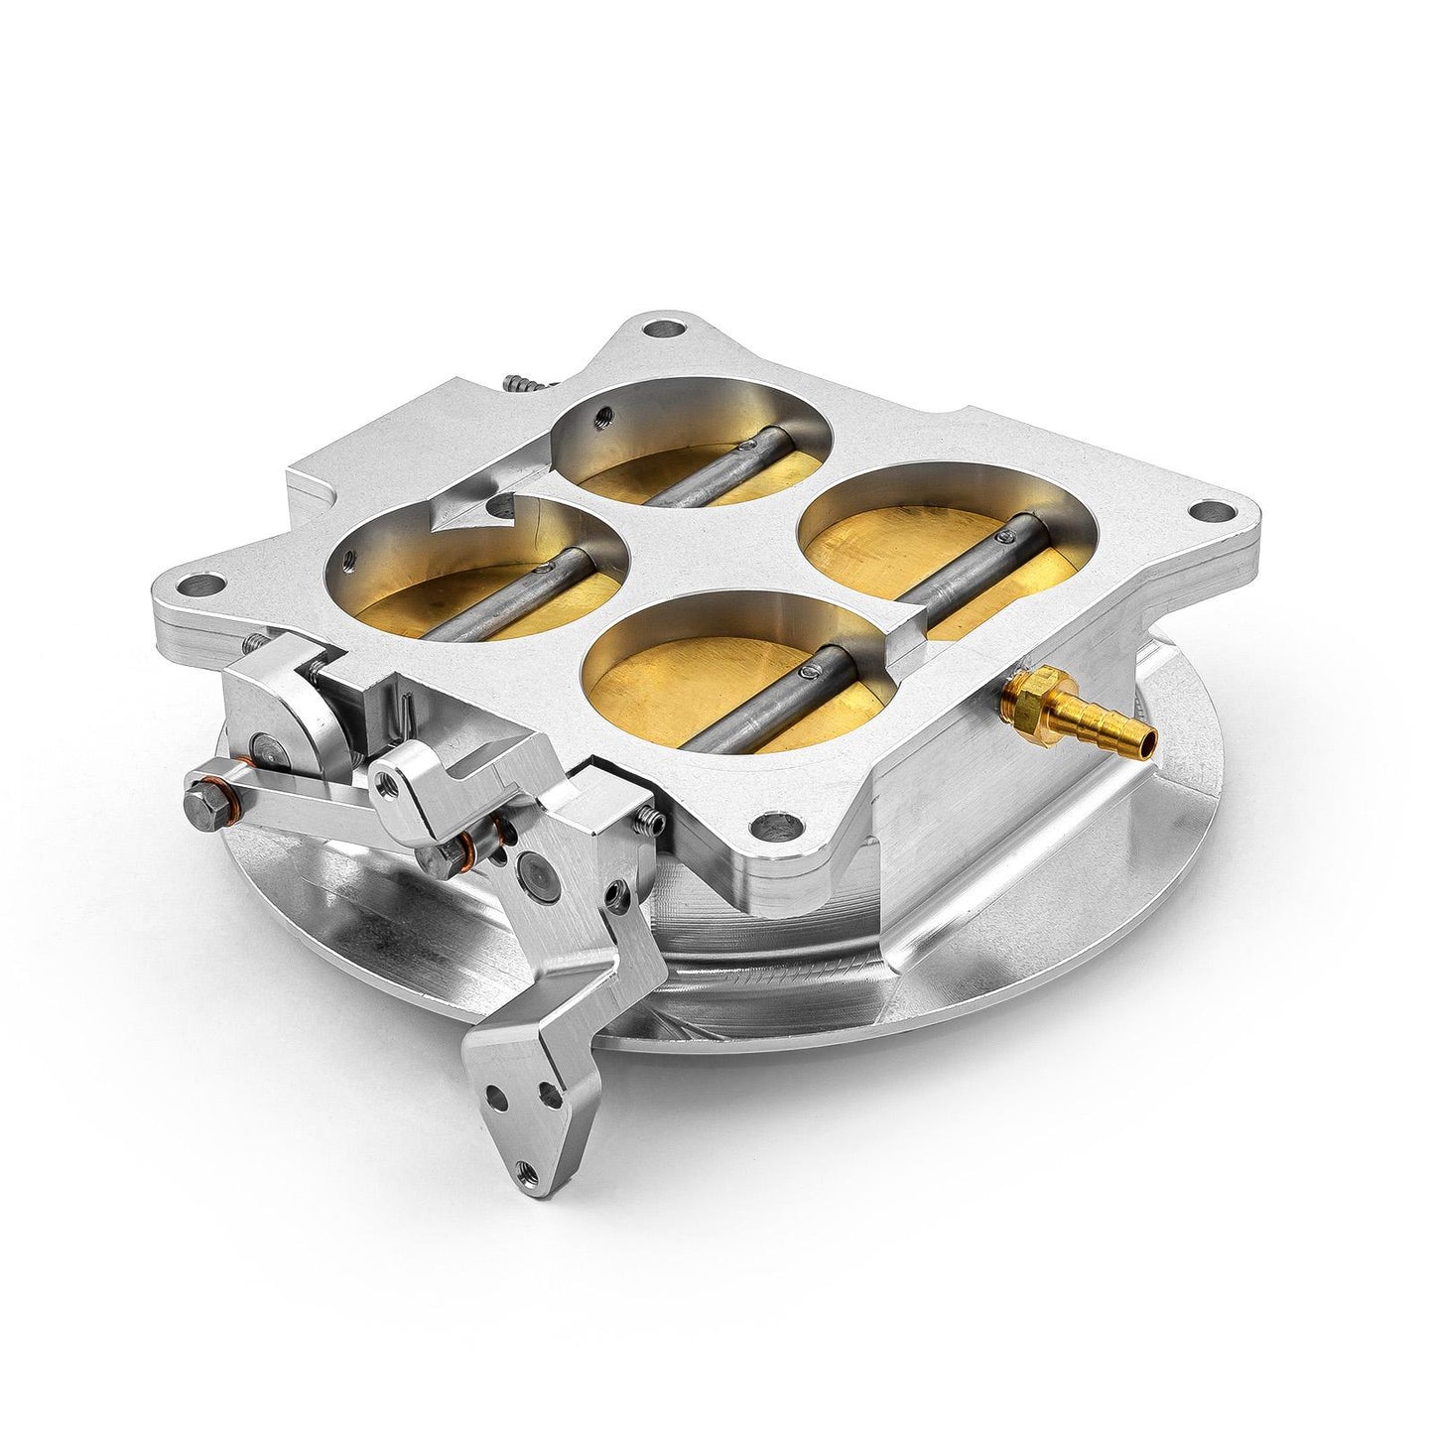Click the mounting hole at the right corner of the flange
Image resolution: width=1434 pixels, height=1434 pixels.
tap(1204, 513)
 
